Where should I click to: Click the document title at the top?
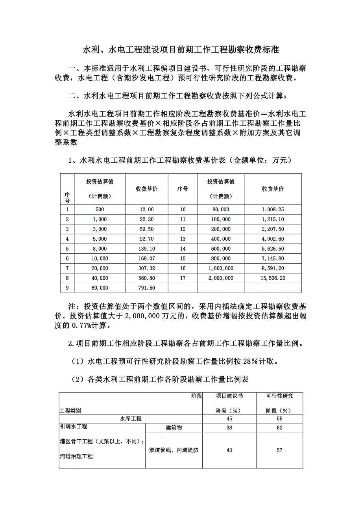(x=181, y=50)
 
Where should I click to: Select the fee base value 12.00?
(x=147, y=210)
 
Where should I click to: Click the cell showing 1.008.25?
(x=273, y=210)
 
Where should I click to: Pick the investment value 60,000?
(x=100, y=288)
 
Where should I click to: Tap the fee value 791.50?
(x=147, y=288)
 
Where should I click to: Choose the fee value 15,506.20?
(x=273, y=278)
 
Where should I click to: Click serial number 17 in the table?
(x=183, y=278)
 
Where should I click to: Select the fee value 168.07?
(x=147, y=258)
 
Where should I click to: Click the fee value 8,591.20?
(x=273, y=268)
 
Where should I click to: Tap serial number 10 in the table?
(x=183, y=210)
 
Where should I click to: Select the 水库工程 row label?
(x=131, y=418)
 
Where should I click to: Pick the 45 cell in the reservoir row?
(x=229, y=418)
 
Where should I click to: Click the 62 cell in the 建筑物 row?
(x=279, y=428)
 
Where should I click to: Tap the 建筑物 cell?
(x=174, y=428)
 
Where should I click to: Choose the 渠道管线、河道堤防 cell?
(x=174, y=450)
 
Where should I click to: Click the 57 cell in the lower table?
(x=279, y=450)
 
